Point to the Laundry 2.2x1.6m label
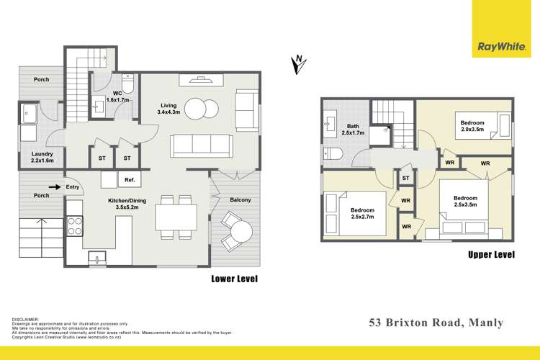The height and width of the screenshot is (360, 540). click(37, 157)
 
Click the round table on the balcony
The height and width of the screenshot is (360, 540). click(240, 231)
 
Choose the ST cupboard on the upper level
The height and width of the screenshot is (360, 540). click(406, 178)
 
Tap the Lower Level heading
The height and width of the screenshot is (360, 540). click(234, 278)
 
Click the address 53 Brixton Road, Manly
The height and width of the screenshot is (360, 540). click(435, 323)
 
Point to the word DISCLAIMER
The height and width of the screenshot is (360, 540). click(26, 319)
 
